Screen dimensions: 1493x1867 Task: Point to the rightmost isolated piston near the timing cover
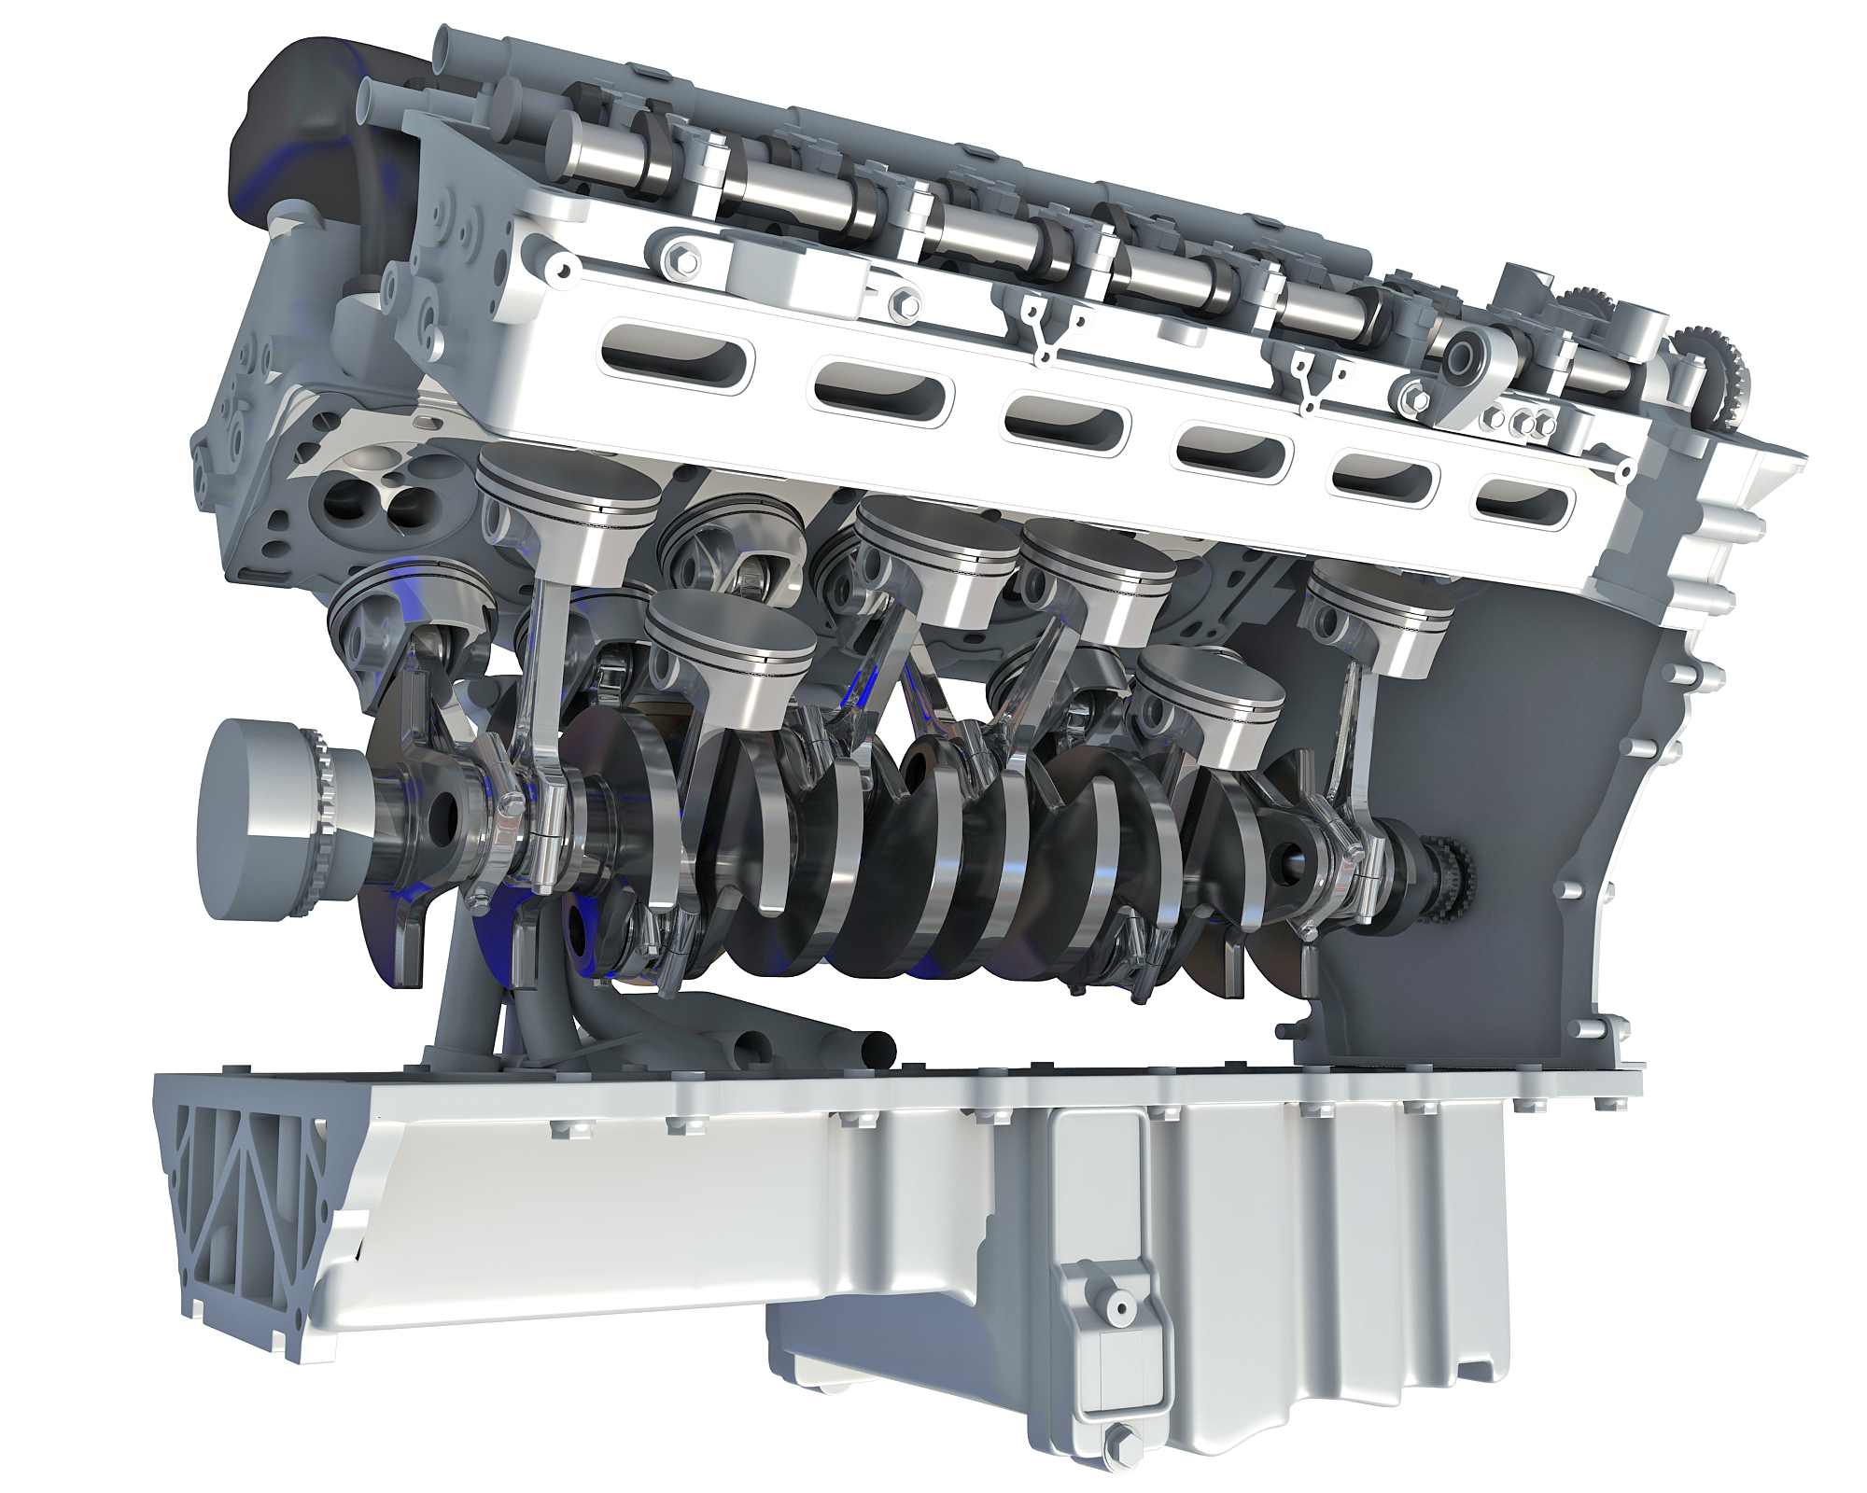pos(1380,620)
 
